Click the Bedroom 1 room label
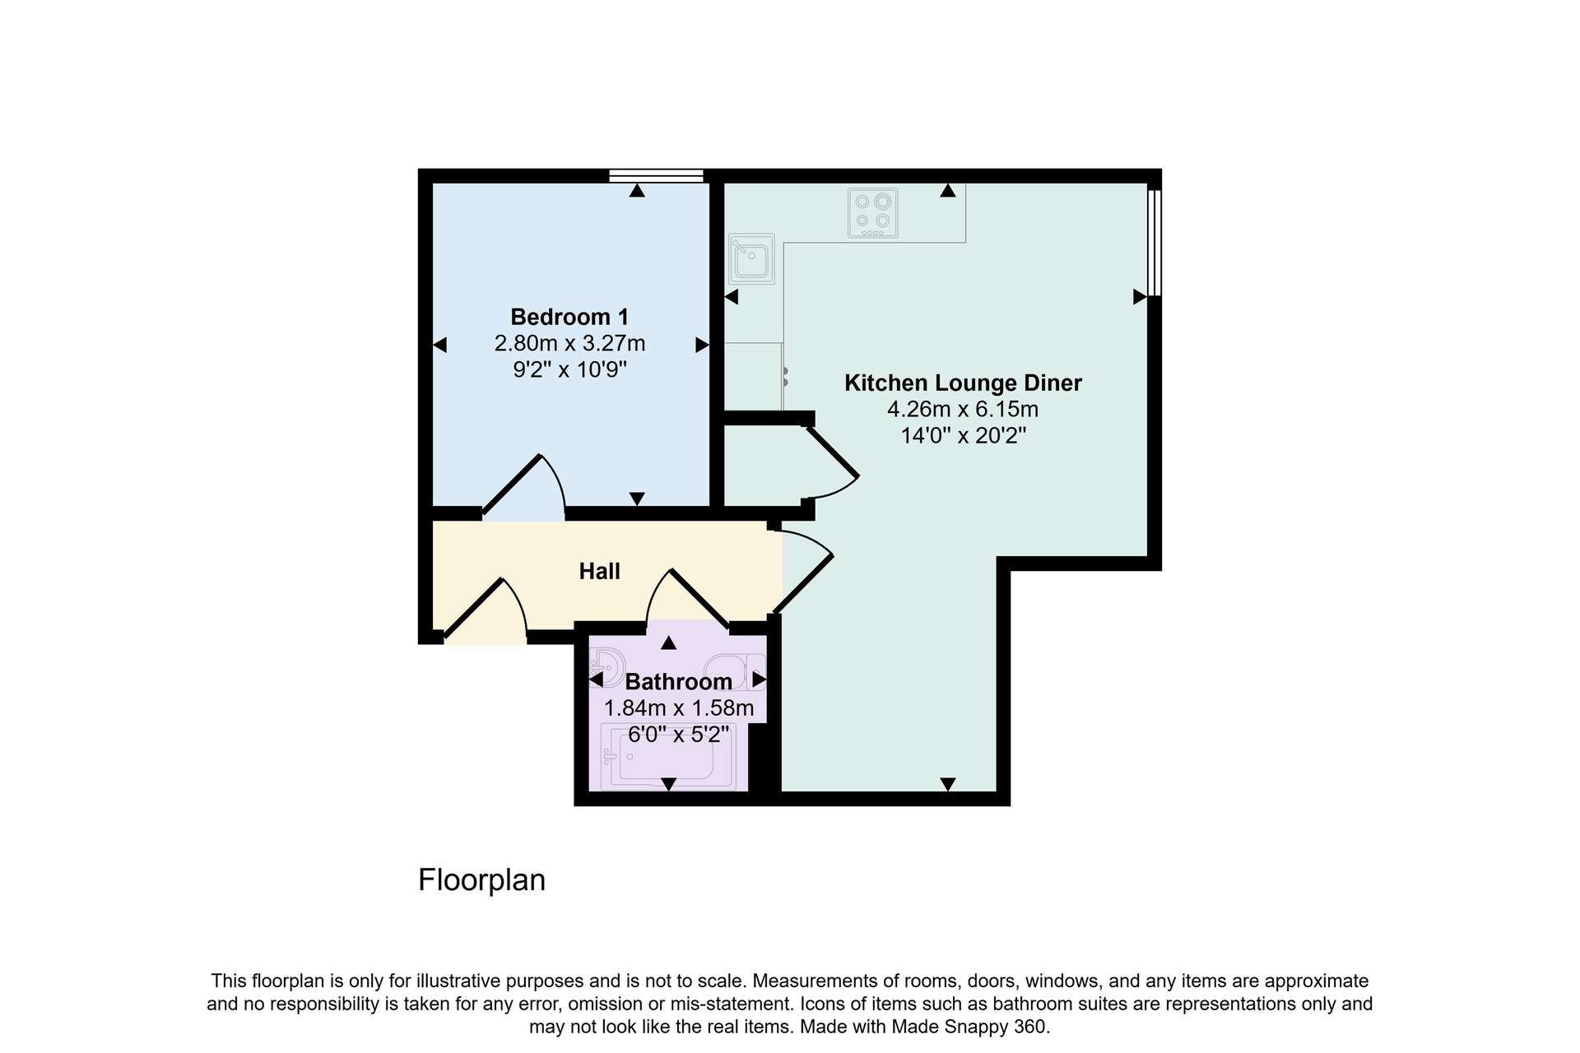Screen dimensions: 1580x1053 click(x=569, y=317)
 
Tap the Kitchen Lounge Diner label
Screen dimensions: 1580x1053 click(x=963, y=383)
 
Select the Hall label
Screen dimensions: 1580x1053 click(x=599, y=571)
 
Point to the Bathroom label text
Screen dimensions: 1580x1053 click(x=678, y=681)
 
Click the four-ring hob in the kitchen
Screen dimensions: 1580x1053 click(x=873, y=213)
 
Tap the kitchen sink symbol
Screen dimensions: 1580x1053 click(x=751, y=258)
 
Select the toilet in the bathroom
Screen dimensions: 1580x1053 click(x=735, y=671)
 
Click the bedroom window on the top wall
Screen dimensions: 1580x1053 click(x=656, y=175)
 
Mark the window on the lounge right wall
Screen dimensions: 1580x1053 click(x=1155, y=243)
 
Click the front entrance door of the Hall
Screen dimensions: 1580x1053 click(x=486, y=610)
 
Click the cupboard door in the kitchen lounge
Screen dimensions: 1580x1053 click(x=831, y=461)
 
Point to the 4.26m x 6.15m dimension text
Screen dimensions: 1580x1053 click(x=963, y=409)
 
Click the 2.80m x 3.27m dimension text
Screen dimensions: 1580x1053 click(x=569, y=343)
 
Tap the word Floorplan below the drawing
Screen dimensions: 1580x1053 click(x=482, y=880)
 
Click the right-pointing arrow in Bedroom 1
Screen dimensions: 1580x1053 click(x=702, y=345)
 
